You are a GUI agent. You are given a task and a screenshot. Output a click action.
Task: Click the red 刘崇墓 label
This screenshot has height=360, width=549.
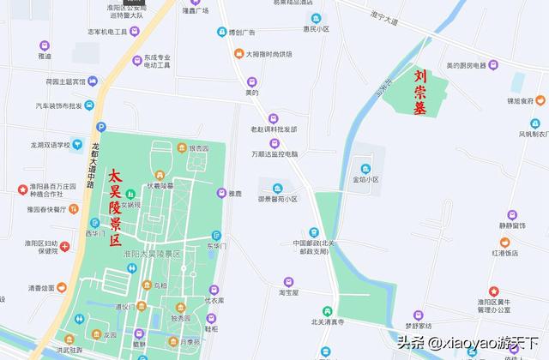[419, 91]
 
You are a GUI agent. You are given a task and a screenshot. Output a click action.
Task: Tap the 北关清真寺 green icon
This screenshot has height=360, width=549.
[328, 310]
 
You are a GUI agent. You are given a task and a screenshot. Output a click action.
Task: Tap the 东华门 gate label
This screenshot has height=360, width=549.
[215, 246]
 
